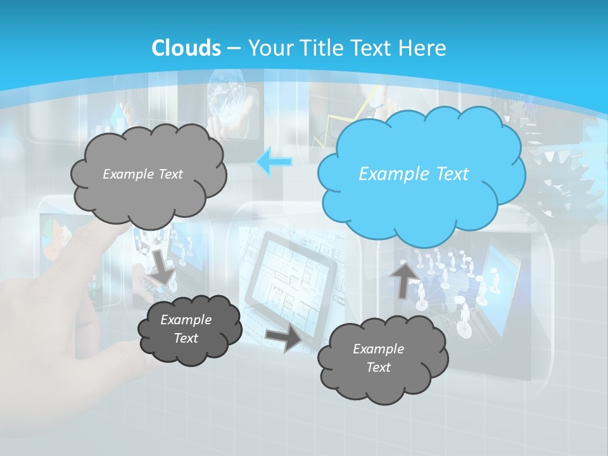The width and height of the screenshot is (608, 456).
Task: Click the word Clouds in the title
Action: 186,48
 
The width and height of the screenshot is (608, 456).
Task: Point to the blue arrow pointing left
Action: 274,162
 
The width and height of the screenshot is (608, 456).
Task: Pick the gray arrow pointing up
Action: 401,279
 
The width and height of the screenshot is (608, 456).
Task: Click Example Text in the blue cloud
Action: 414,174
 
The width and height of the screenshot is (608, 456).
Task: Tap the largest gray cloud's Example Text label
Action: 142,174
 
